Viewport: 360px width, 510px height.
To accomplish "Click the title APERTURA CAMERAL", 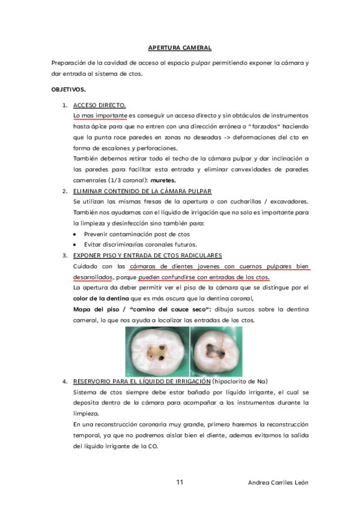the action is [180, 48].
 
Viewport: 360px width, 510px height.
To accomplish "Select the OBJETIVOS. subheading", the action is [69, 90].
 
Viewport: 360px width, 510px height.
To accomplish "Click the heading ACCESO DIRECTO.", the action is [99, 105].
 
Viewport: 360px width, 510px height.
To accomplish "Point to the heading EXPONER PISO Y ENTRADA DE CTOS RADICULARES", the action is [147, 255].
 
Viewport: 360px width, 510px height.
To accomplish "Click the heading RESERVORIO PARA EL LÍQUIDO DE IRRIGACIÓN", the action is [142, 381].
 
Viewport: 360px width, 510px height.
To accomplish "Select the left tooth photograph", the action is [157, 352].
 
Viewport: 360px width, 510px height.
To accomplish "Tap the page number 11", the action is [180, 483].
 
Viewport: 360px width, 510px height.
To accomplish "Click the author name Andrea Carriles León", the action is [278, 483].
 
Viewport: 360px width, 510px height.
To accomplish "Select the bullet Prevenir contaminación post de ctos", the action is [136, 234].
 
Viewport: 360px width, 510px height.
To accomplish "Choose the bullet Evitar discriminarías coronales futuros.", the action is [140, 245].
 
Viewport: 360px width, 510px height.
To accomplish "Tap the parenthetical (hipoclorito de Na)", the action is [240, 381].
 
